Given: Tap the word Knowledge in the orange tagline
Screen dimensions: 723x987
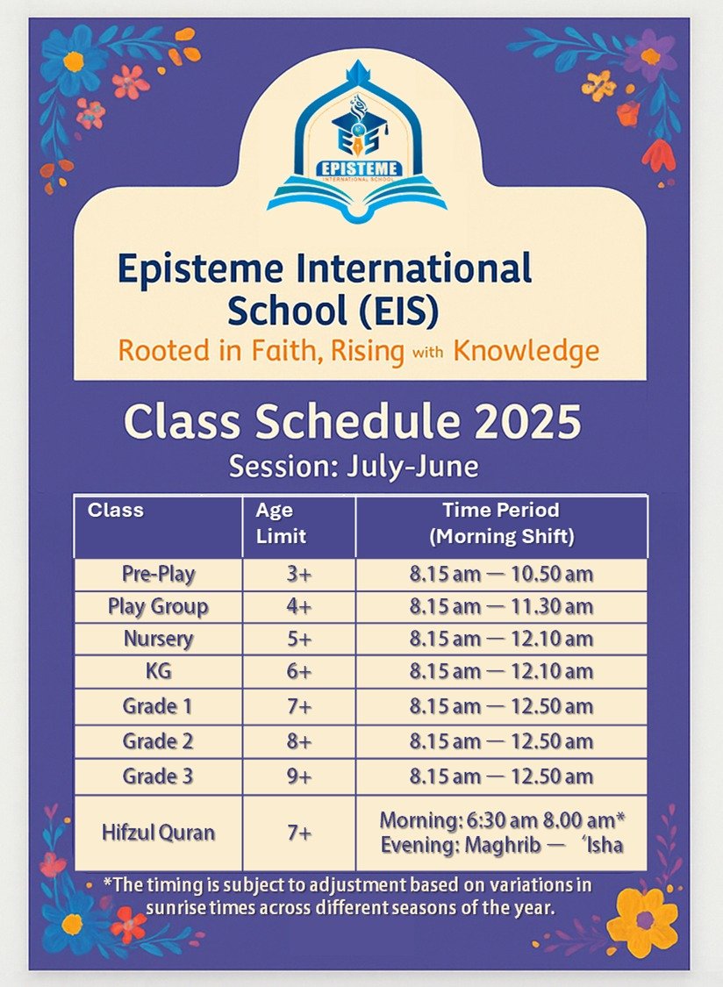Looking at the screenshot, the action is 526,351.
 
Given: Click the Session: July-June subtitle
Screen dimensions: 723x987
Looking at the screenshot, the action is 354,467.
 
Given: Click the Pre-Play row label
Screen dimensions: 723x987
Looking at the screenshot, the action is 159,575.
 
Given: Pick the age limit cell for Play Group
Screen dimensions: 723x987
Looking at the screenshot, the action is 299,607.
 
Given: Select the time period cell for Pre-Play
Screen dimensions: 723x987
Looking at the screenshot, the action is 501,574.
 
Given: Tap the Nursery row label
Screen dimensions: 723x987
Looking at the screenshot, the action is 159,639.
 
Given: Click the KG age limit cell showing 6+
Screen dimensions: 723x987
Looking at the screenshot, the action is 299,672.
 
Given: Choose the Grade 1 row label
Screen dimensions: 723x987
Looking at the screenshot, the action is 157,706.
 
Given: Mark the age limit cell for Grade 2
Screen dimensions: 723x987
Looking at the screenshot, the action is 299,741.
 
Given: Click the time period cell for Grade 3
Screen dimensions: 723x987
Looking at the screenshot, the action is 501,776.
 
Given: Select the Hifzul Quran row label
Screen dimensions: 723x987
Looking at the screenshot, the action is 159,833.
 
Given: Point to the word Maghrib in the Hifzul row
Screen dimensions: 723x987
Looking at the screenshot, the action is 503,846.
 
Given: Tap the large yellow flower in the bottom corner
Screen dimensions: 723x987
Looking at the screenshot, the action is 642,922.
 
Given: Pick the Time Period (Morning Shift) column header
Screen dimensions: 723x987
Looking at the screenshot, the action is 501,523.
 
